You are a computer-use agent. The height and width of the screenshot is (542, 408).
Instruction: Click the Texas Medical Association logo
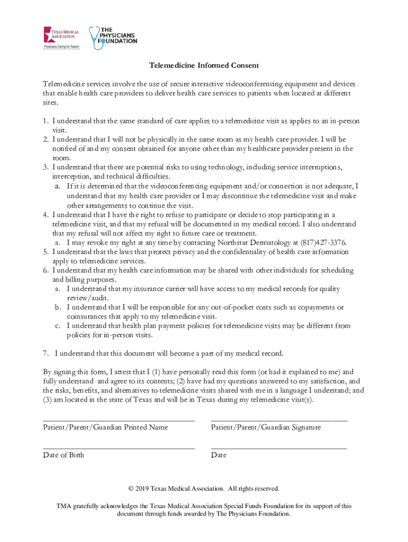tap(61, 38)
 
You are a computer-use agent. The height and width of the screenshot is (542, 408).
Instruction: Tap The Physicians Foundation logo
tap(113, 38)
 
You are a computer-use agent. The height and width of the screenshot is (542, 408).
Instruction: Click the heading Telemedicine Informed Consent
tap(204, 66)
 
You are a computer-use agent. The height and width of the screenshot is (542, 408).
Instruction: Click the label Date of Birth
tap(63, 455)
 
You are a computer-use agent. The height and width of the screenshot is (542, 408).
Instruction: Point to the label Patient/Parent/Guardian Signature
tap(265, 427)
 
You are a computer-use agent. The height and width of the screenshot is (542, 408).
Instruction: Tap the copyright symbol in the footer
tap(137, 489)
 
